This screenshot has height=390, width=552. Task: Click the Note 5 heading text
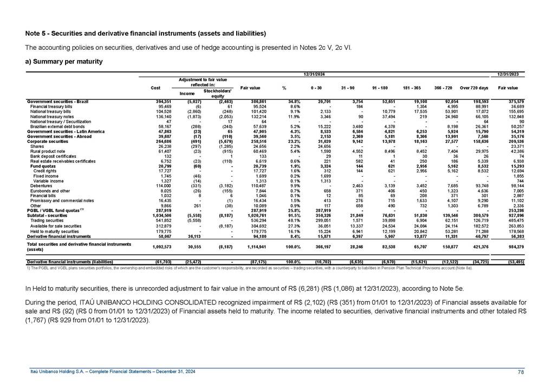pos(146,34)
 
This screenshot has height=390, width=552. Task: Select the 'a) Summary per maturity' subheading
pos(64,61)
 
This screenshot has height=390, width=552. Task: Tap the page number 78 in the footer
pos(521,371)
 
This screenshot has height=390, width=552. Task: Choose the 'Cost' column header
pos(155,88)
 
